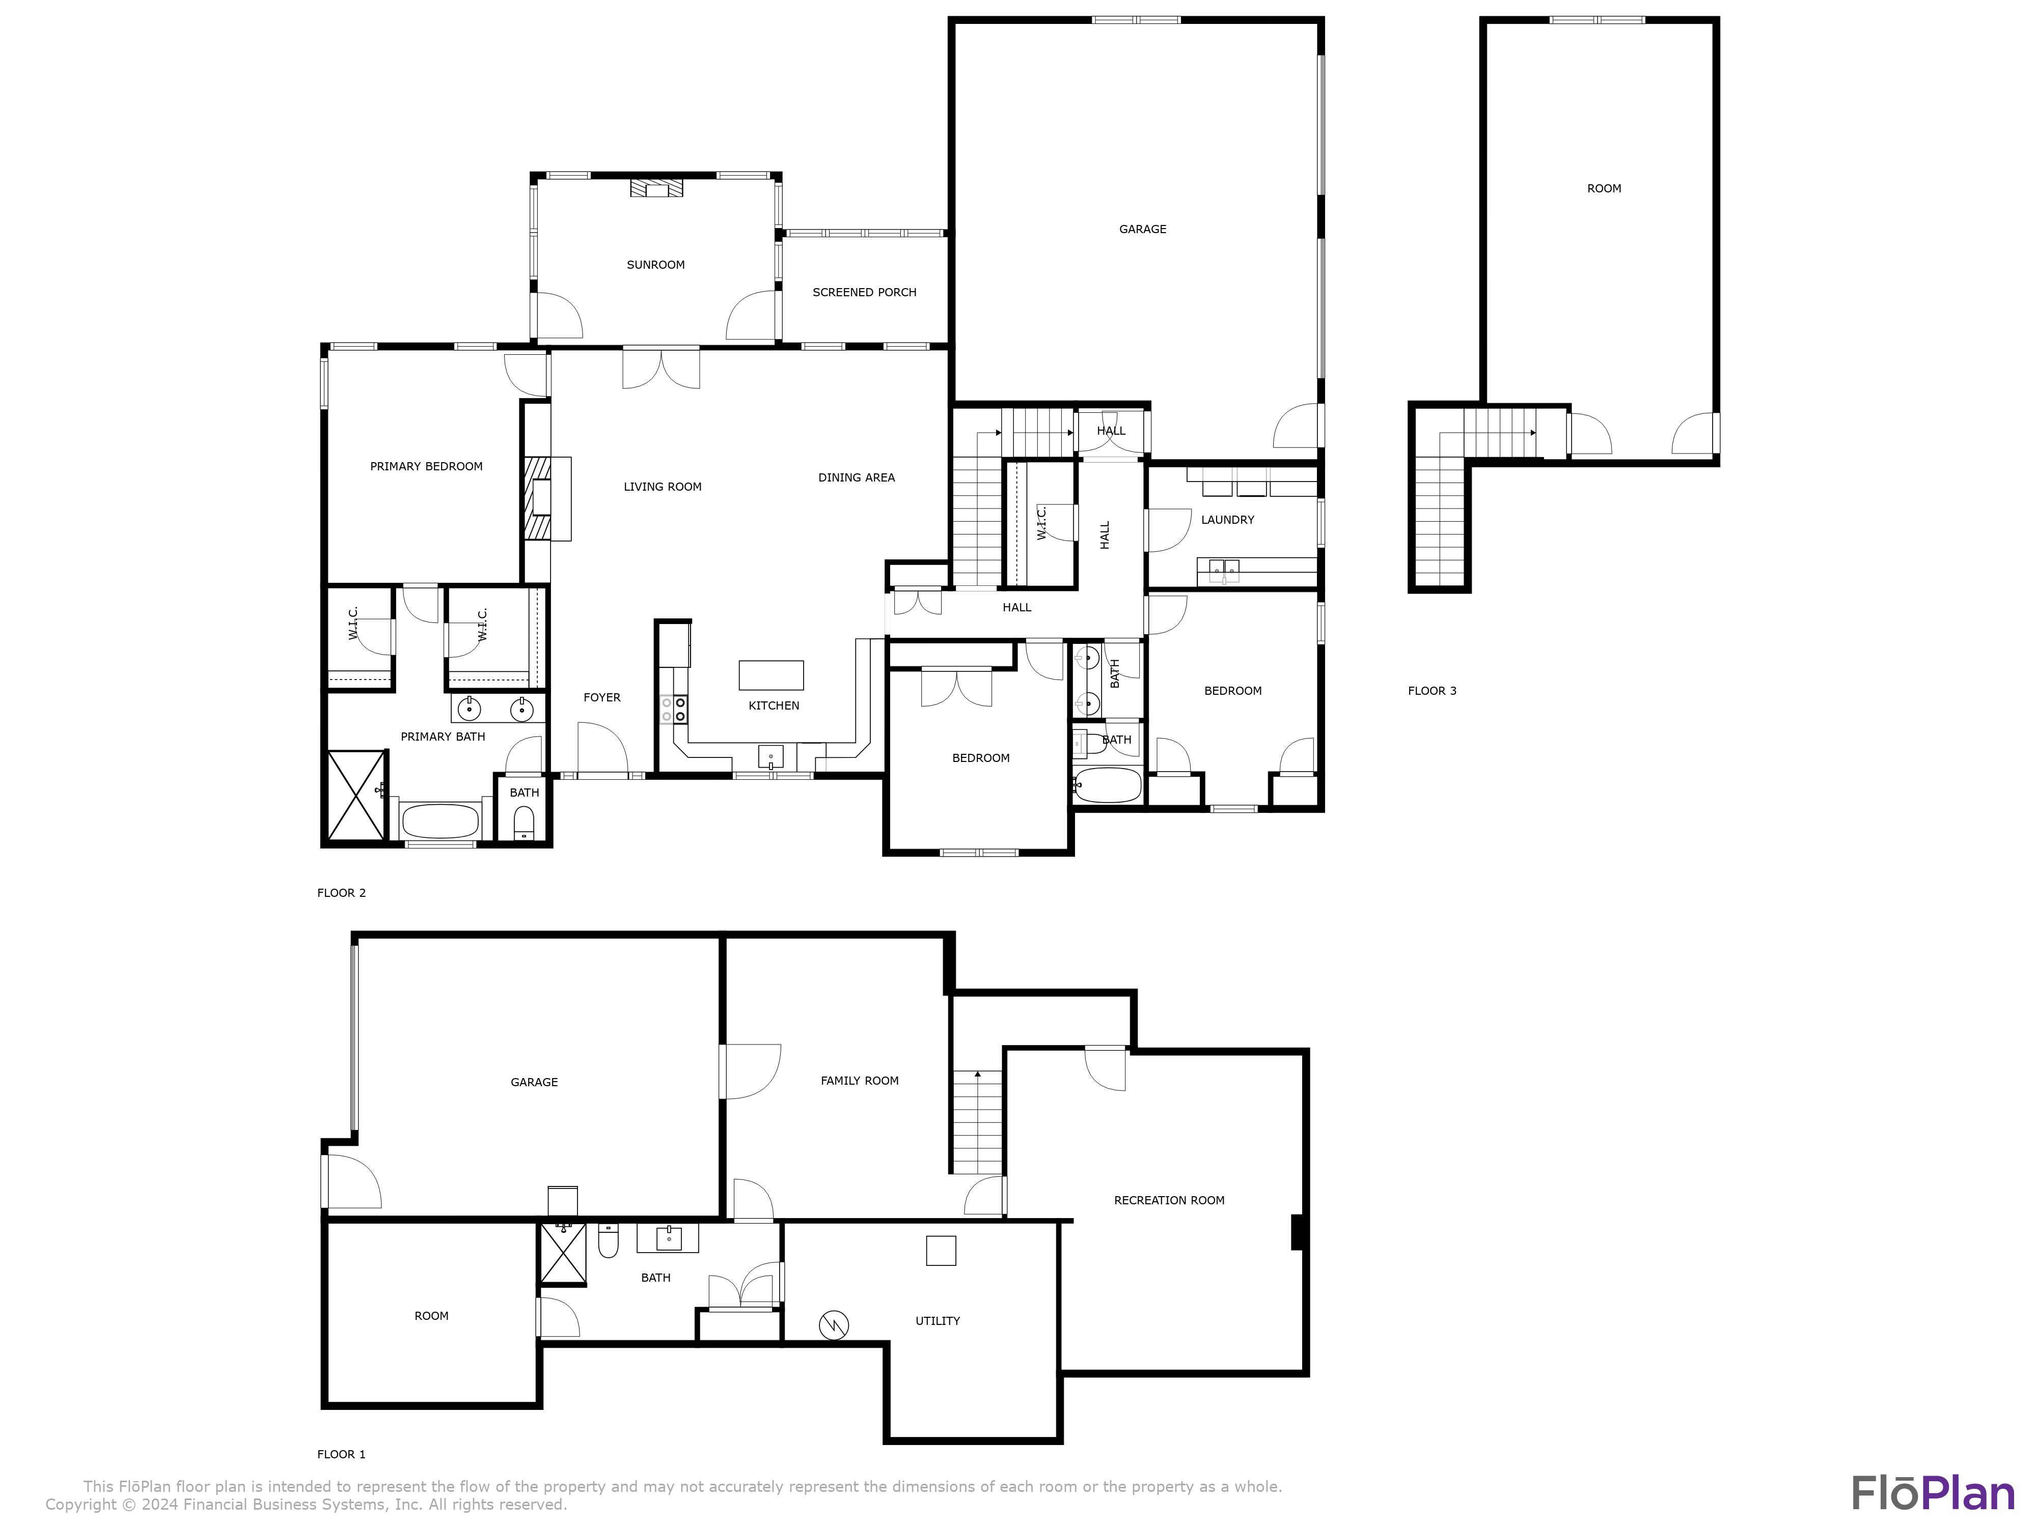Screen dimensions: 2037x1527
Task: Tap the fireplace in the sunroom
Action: point(656,188)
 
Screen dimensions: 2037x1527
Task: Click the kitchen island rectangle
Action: point(771,674)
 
